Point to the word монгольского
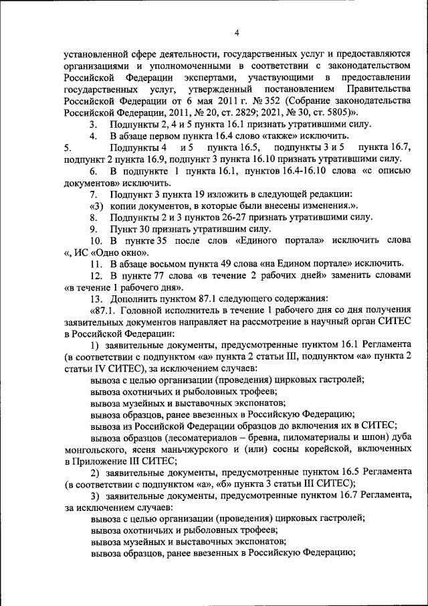pyautogui.click(x=97, y=450)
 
